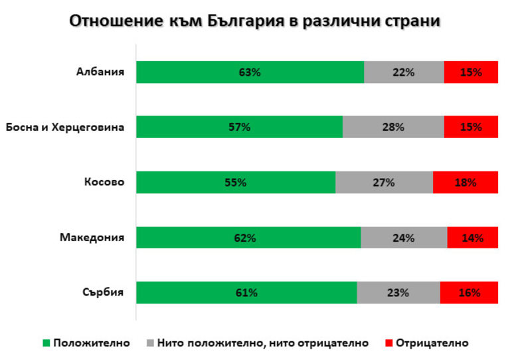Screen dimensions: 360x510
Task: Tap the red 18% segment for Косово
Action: coord(465,182)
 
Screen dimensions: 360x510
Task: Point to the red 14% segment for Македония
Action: coord(472,237)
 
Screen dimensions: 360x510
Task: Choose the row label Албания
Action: coord(100,72)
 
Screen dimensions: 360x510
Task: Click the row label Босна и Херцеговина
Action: coord(64,127)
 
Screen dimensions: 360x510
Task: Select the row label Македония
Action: coord(92,237)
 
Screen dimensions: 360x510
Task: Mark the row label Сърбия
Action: coord(104,292)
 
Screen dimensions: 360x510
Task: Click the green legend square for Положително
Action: coord(46,343)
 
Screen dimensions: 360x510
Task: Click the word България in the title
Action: coord(243,21)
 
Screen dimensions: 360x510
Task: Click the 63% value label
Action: coord(250,72)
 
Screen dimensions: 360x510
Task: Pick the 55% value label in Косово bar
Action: coord(236,183)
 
